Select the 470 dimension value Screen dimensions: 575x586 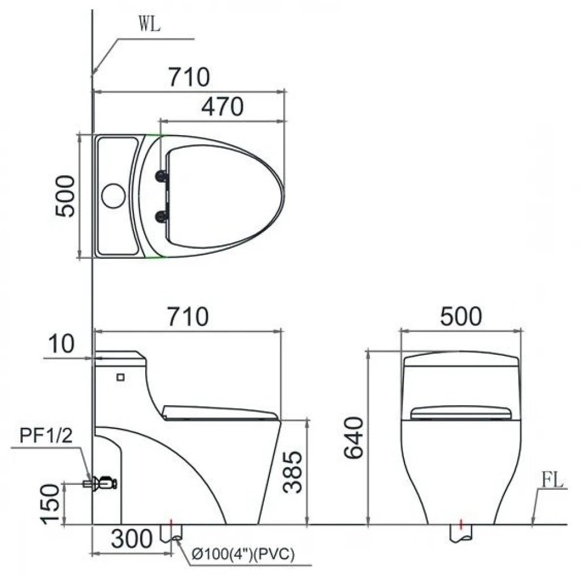click(x=223, y=106)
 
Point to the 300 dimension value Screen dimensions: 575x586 click(x=132, y=538)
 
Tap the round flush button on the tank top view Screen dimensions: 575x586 click(x=112, y=195)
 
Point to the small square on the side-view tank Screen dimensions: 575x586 click(x=120, y=376)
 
